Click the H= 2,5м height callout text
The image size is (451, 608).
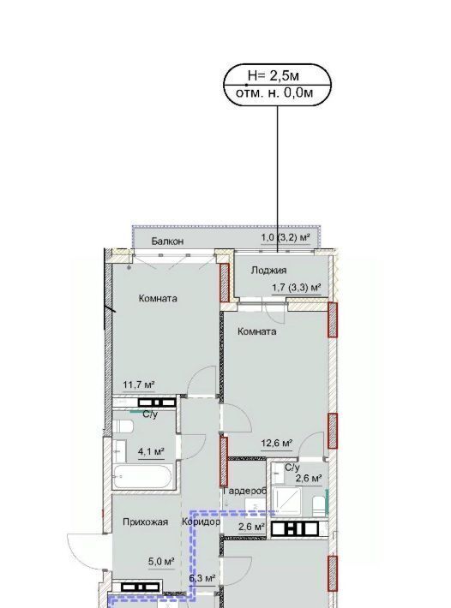pos(274,75)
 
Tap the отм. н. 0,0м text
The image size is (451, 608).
pos(274,93)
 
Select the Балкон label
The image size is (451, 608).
pos(167,241)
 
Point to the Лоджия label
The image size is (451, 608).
pos(268,271)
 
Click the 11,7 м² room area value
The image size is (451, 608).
pos(139,385)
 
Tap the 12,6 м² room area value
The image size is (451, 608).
pos(276,443)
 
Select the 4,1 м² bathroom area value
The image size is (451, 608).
pos(151,452)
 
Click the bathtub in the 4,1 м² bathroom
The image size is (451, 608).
pos(141,476)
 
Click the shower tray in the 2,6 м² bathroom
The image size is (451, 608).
pos(287,502)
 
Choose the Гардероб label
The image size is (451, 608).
pos(245,492)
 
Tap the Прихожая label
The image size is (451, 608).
pos(146,522)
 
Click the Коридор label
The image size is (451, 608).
pos(201,522)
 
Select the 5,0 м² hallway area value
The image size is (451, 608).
pos(161,561)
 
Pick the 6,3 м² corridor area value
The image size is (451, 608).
pos(202,579)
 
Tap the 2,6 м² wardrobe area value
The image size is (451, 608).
pos(251,527)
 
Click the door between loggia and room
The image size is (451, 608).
pos(274,312)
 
